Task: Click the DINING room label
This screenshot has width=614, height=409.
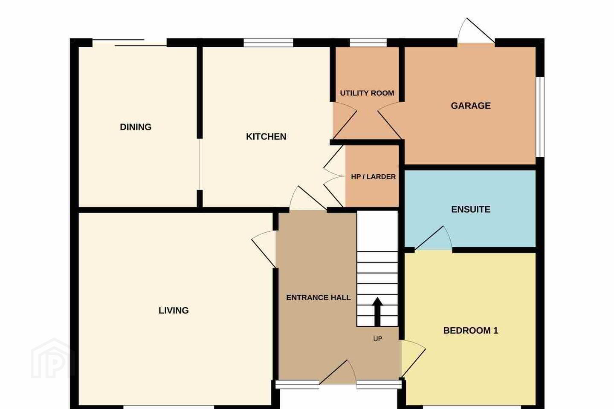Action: click(x=136, y=127)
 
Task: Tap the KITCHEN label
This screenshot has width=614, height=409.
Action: click(x=266, y=136)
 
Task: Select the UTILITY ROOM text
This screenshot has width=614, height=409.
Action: click(x=367, y=93)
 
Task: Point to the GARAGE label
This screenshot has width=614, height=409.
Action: click(x=471, y=106)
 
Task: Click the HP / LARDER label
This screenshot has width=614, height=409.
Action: click(x=374, y=177)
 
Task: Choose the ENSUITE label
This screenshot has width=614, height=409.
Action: click(x=471, y=209)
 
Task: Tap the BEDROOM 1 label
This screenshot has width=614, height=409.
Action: click(x=471, y=330)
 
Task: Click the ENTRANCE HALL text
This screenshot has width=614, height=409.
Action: click(x=318, y=297)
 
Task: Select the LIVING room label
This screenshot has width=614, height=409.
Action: click(x=174, y=311)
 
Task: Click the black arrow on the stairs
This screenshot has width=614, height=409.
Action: click(x=377, y=312)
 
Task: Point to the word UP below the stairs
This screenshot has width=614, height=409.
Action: click(x=377, y=339)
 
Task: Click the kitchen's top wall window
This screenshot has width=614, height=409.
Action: click(x=268, y=43)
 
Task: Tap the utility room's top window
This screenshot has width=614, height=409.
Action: click(x=368, y=43)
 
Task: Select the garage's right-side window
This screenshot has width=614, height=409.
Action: click(x=540, y=117)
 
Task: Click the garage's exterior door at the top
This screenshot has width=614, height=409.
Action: click(x=476, y=31)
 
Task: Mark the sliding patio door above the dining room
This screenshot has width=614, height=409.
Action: click(x=129, y=43)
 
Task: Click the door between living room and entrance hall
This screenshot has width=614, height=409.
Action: click(x=264, y=249)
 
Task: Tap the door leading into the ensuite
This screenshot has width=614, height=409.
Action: click(x=433, y=238)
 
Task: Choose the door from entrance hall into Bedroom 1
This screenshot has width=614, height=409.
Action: click(x=413, y=358)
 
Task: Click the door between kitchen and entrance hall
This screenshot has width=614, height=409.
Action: click(x=308, y=198)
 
